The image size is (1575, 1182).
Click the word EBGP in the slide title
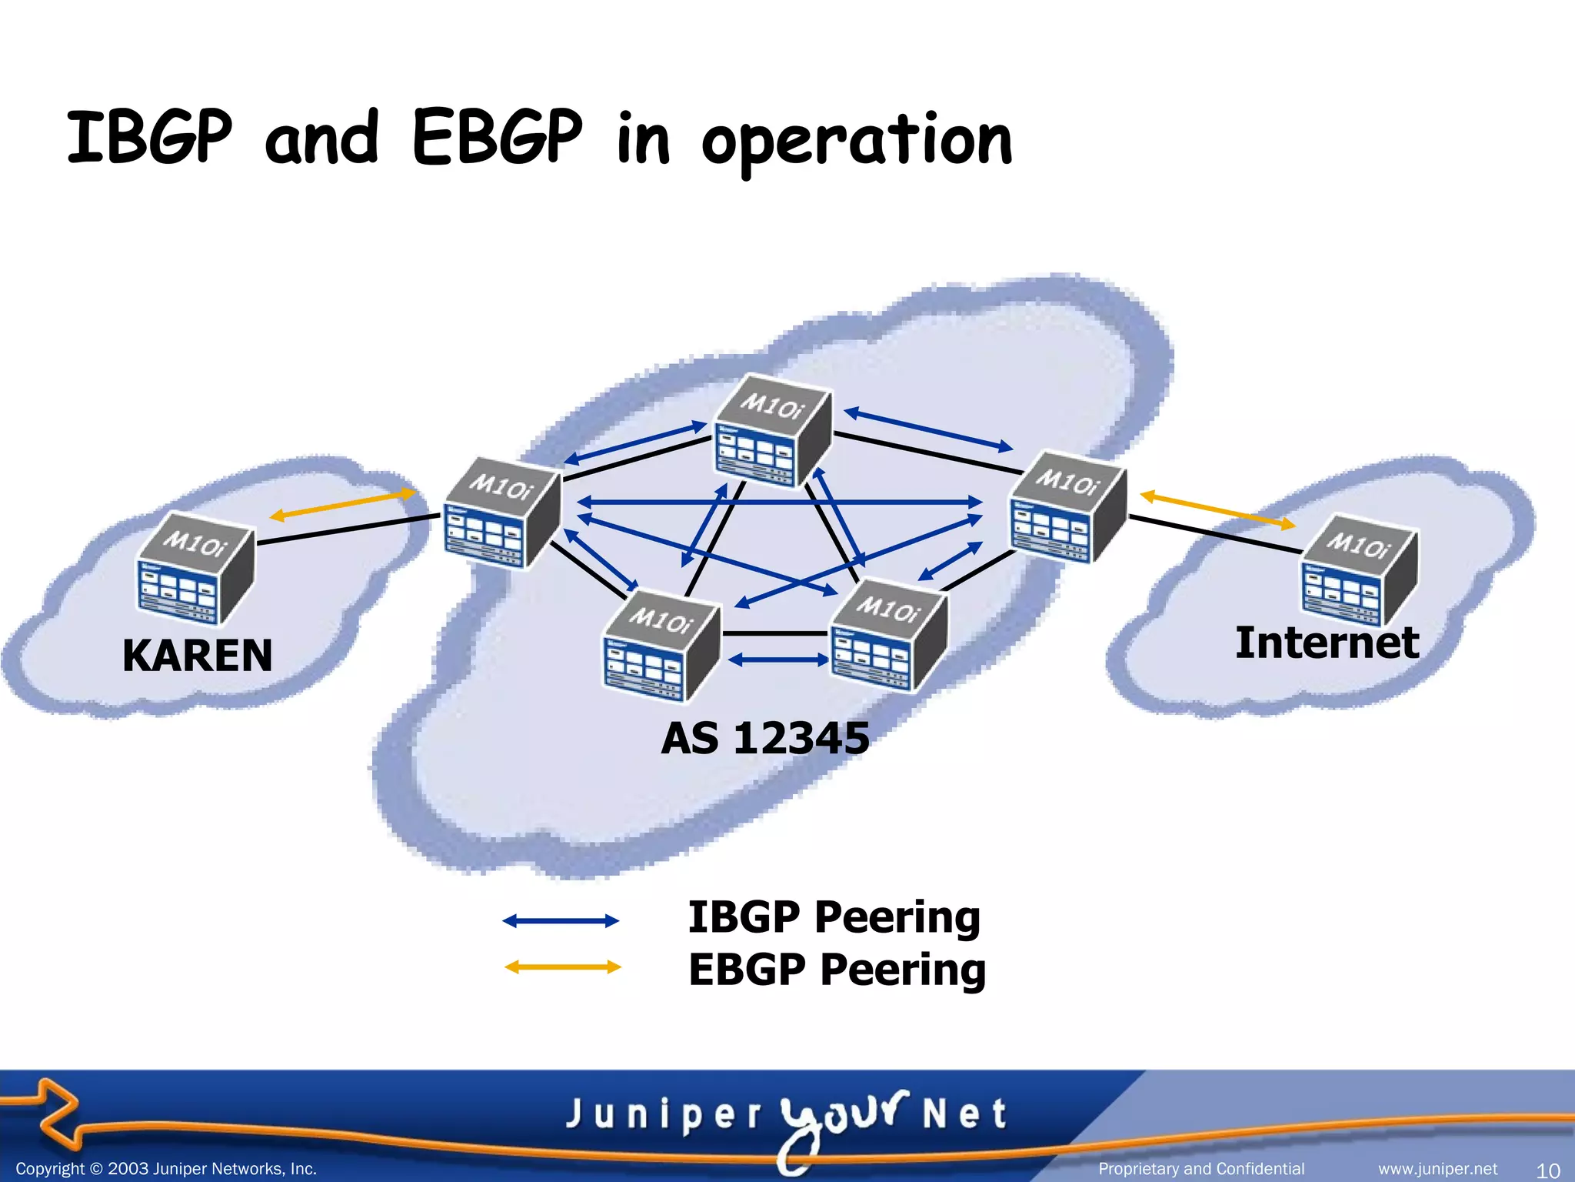point(497,139)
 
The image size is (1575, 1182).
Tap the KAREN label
point(198,656)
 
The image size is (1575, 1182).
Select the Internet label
point(1327,643)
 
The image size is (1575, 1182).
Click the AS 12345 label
point(765,738)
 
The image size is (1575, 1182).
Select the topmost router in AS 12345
point(772,432)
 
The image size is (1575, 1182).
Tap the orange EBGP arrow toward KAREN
point(342,505)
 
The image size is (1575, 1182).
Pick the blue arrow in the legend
point(561,920)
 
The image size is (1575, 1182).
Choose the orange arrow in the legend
point(562,967)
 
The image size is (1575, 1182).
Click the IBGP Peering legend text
point(834,917)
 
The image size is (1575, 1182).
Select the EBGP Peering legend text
point(837,969)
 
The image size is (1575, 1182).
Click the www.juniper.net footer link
point(1437,1169)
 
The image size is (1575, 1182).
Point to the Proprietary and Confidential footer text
point(1201,1169)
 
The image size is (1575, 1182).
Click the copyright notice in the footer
point(166,1169)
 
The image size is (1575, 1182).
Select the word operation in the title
point(857,141)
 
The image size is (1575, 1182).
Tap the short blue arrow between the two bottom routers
point(778,659)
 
